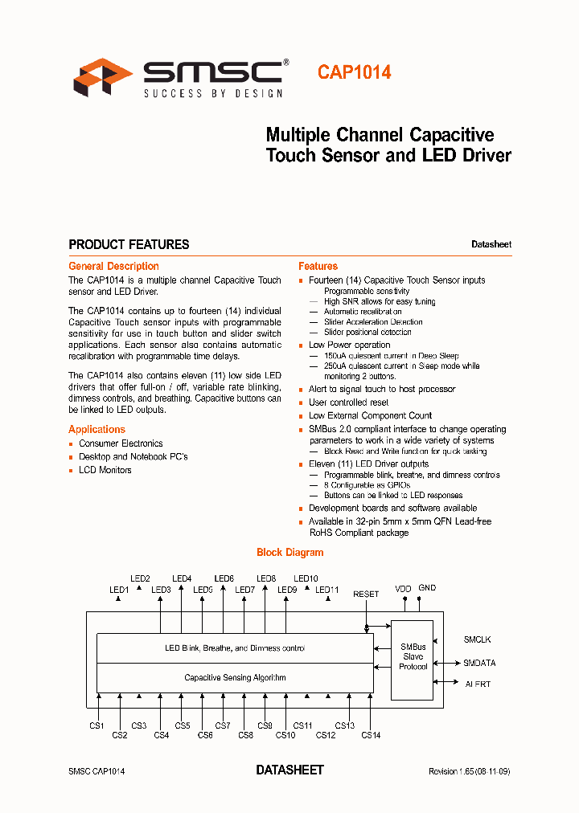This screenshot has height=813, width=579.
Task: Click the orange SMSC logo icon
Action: (x=103, y=77)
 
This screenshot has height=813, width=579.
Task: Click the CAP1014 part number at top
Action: (x=354, y=72)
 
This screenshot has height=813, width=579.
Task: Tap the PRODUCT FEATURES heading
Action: (x=129, y=244)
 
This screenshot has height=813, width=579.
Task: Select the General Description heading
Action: (x=113, y=266)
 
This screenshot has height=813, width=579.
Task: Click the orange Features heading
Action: (x=318, y=266)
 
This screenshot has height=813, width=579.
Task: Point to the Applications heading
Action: (x=96, y=429)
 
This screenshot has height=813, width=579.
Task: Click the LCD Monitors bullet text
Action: (x=105, y=470)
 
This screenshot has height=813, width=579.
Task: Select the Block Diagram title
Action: (x=289, y=552)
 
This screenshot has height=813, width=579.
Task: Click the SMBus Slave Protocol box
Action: (x=413, y=657)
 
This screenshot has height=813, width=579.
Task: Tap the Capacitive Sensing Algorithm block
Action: (x=235, y=677)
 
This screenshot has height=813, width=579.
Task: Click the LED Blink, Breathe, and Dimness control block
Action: (x=235, y=648)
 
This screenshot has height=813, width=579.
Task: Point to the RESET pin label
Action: (x=366, y=594)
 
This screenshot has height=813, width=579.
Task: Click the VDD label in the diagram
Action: (x=403, y=589)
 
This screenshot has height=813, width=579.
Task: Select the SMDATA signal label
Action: (x=479, y=663)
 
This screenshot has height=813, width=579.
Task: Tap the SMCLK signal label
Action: (x=477, y=639)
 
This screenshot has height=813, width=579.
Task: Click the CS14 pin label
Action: (x=371, y=735)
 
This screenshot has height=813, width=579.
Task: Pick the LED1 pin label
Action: (x=119, y=590)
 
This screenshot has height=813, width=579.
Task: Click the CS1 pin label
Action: (x=97, y=725)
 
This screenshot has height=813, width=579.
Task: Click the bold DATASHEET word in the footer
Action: (x=289, y=770)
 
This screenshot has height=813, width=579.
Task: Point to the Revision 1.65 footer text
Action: (x=469, y=771)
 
